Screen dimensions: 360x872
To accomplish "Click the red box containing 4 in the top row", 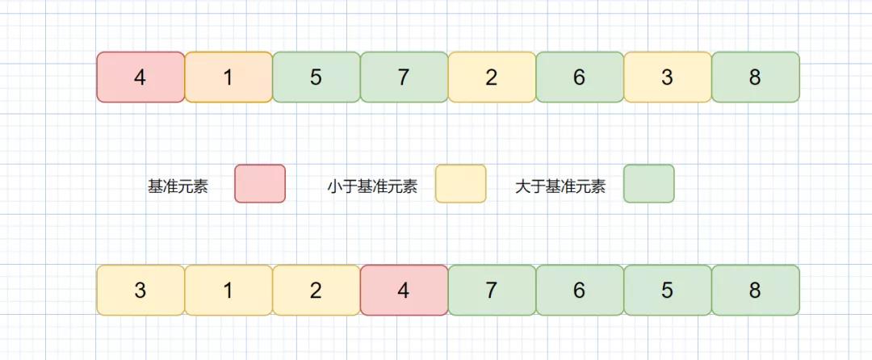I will (x=140, y=77).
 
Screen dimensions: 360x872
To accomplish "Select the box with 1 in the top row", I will (x=228, y=77).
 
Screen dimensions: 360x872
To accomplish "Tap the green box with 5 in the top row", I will (x=316, y=77).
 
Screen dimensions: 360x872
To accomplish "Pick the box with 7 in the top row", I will (x=404, y=77).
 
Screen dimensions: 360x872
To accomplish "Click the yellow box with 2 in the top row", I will (x=492, y=77).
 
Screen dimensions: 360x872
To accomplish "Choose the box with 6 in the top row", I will (x=580, y=77).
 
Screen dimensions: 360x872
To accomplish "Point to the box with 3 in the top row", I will (x=668, y=77).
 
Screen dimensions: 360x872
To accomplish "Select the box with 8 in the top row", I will (x=756, y=77).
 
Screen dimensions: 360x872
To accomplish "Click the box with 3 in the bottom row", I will (x=140, y=291).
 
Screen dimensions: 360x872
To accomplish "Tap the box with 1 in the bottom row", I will (x=228, y=291).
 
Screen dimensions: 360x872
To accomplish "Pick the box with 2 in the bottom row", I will (x=316, y=291).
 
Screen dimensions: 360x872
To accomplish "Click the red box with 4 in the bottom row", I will (x=404, y=291).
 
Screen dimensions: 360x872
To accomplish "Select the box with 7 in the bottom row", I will (x=492, y=291).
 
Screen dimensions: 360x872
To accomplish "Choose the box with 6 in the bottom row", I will (x=580, y=291).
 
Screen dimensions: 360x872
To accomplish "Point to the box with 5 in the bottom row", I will (x=668, y=291).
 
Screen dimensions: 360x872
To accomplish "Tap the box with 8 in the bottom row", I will (x=756, y=291).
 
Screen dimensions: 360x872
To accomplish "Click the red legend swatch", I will (x=260, y=184).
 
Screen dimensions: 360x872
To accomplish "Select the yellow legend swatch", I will (x=461, y=184).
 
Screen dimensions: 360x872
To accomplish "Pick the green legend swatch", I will (x=648, y=184).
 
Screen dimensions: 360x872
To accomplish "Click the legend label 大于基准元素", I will (x=560, y=186).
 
